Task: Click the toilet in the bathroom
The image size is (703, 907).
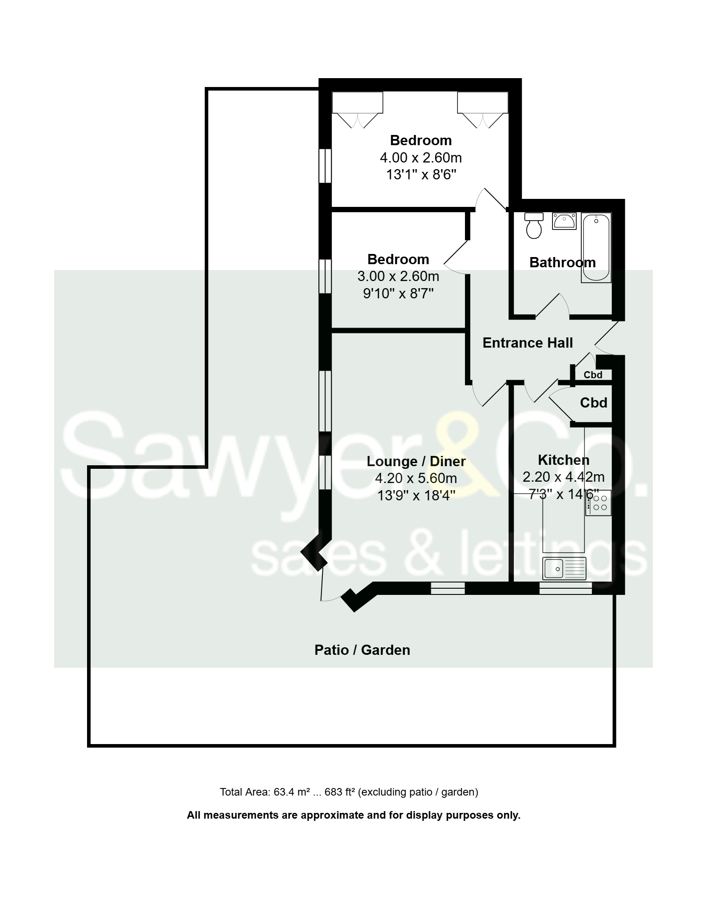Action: pos(533,226)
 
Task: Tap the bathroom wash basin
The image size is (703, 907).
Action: pos(564,221)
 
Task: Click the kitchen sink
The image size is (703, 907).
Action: pos(564,568)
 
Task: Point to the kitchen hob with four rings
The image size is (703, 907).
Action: pos(599,503)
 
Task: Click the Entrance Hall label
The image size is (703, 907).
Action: pos(528,343)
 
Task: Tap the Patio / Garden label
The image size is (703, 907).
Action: pos(362,650)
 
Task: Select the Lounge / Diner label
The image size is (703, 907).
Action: pos(416,461)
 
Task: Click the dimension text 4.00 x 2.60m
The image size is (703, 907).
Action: pos(421,158)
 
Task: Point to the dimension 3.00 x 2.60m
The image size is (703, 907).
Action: pos(398,276)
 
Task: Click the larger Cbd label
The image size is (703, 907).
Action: pos(593,403)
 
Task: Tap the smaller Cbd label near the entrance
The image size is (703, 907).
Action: pos(593,375)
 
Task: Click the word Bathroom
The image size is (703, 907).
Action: pos(562,262)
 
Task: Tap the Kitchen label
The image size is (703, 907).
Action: pos(564,459)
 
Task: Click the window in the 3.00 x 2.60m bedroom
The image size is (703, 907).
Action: pos(326,276)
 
